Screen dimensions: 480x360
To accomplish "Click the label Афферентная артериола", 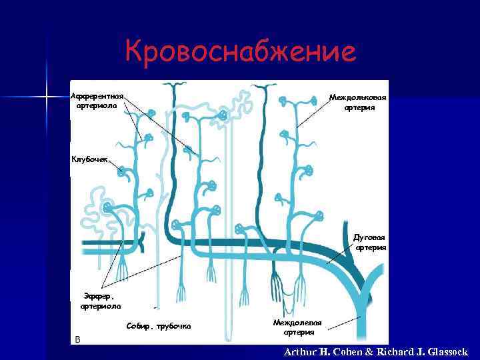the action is coord(97,101).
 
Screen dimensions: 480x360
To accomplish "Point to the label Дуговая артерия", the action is coord(369,242).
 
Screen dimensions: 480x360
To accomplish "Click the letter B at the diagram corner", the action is coord(77,339).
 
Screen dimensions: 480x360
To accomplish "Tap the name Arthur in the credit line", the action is coord(304,352).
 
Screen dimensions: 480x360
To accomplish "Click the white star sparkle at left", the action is coord(47,98).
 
